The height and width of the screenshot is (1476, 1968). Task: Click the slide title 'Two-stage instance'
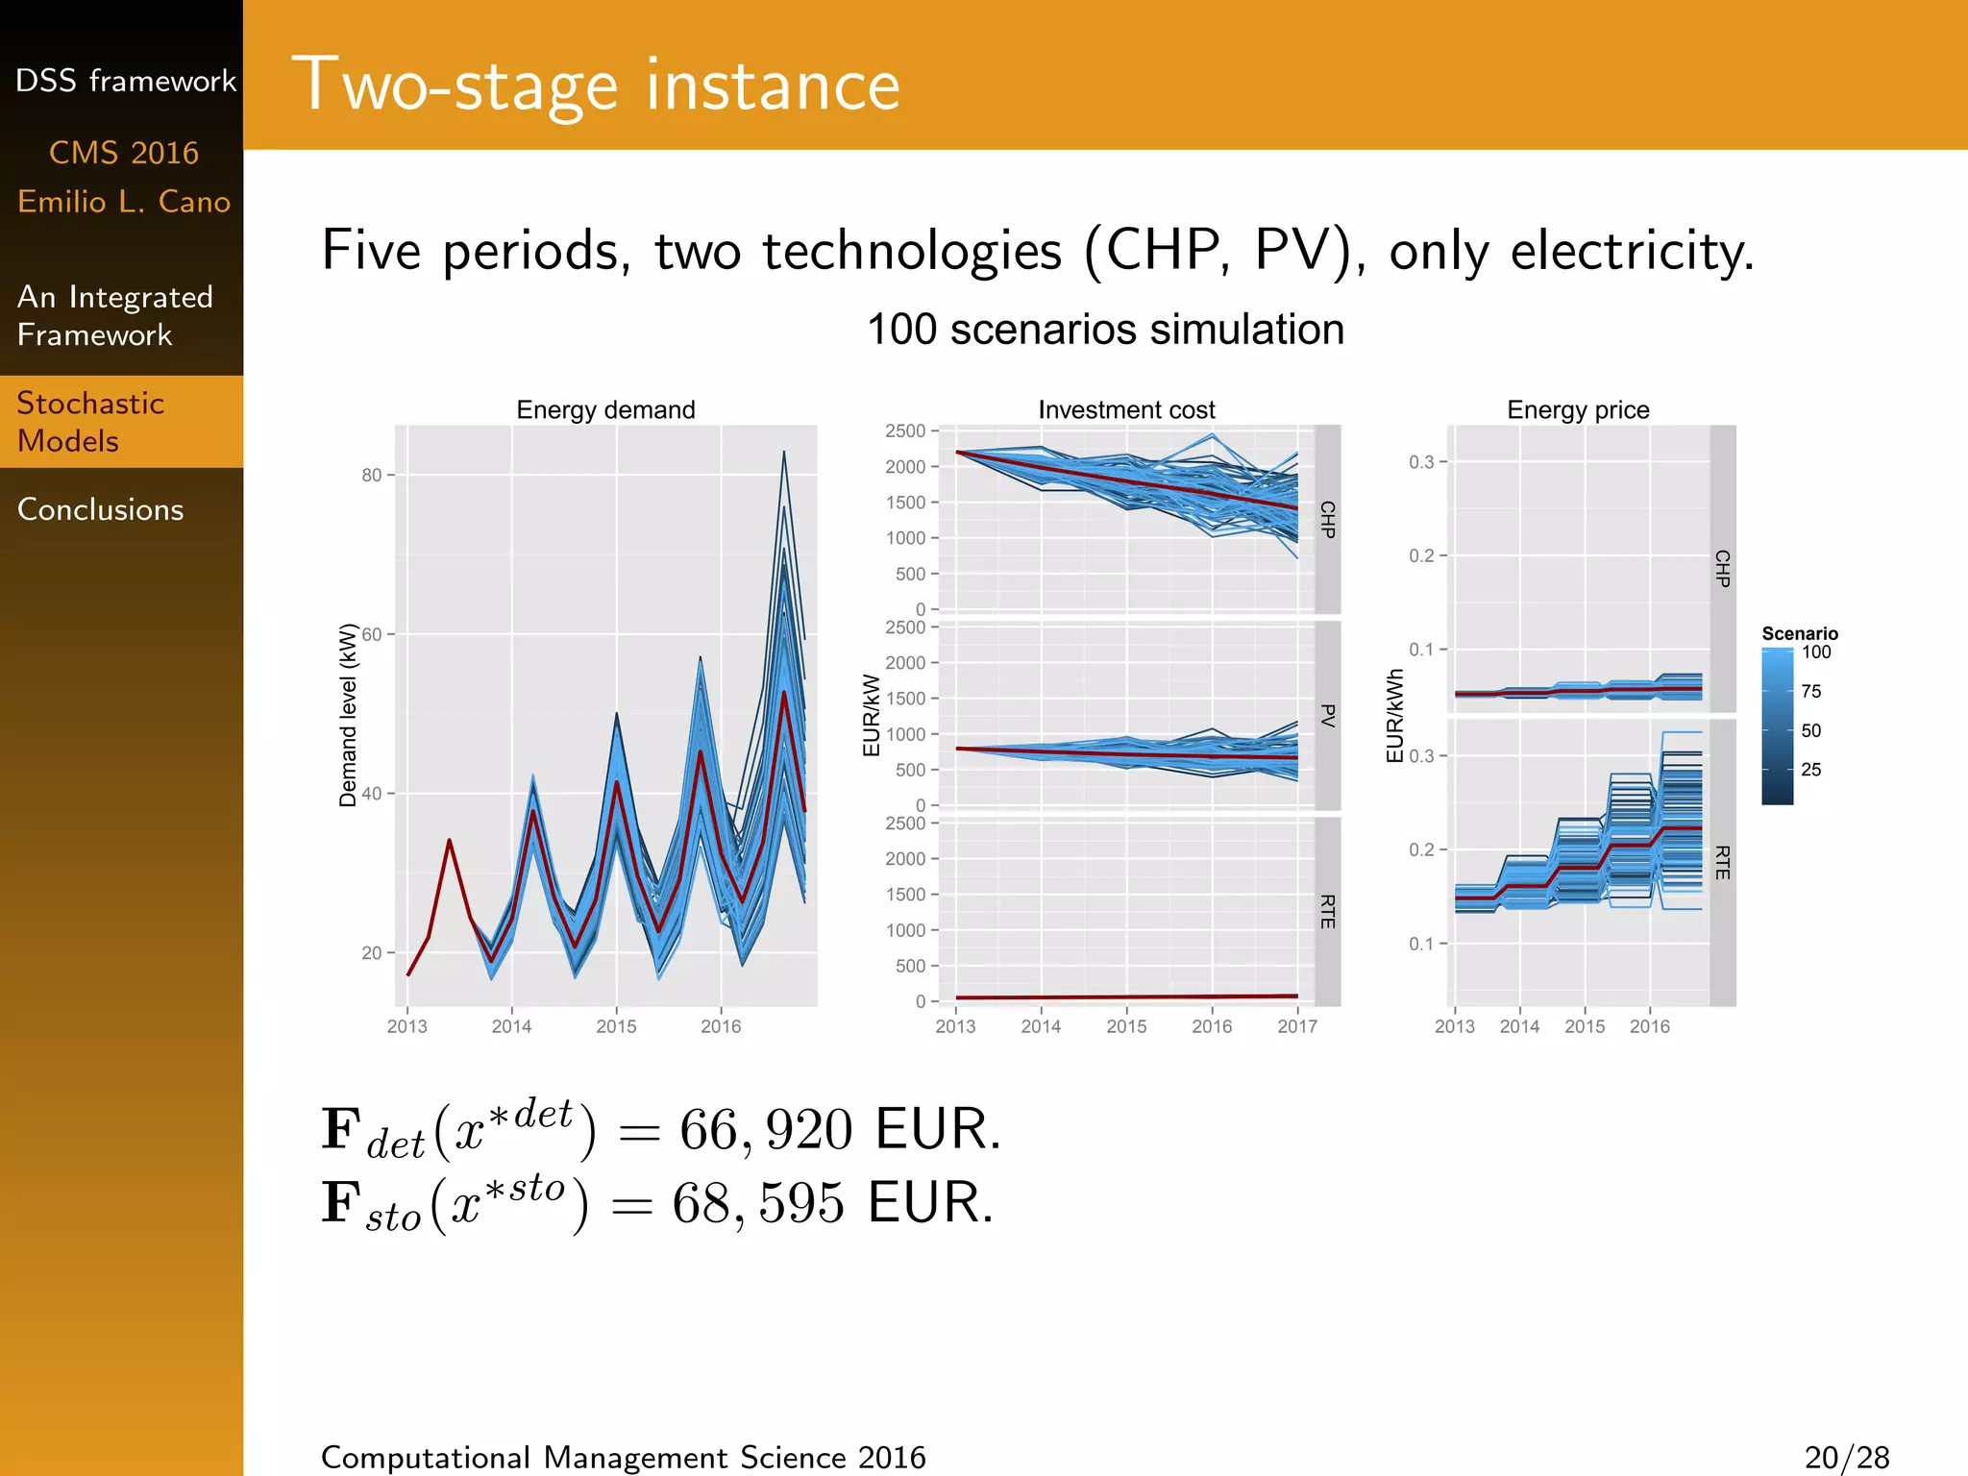click(596, 86)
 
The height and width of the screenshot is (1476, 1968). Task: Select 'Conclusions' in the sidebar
click(100, 509)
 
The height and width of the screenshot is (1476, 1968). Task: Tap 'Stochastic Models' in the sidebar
click(90, 422)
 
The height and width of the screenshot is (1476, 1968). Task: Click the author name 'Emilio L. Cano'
click(124, 202)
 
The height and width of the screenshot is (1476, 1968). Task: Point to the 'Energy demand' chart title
click(605, 410)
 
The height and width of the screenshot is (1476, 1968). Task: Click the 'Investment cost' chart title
click(1126, 410)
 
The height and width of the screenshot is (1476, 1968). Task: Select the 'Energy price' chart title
click(1578, 410)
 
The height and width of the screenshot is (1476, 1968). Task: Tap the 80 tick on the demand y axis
click(372, 475)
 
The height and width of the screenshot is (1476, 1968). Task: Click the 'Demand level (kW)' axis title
click(348, 715)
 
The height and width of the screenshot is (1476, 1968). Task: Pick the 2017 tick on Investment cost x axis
click(1297, 1026)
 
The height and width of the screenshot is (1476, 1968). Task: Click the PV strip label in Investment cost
click(1328, 715)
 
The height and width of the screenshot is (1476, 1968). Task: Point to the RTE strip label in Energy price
click(1723, 862)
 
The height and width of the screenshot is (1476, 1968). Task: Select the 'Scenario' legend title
click(1800, 633)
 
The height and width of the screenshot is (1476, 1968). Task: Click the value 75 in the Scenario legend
click(1811, 692)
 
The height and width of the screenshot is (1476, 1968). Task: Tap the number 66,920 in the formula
click(766, 1130)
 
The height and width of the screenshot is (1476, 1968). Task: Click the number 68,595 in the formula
click(758, 1203)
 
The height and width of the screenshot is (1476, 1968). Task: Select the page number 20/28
click(1847, 1458)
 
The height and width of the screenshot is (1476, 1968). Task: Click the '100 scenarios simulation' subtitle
click(1105, 330)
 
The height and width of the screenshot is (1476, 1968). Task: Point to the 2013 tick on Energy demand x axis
click(407, 1026)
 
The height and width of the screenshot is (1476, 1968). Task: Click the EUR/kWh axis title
click(1395, 716)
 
